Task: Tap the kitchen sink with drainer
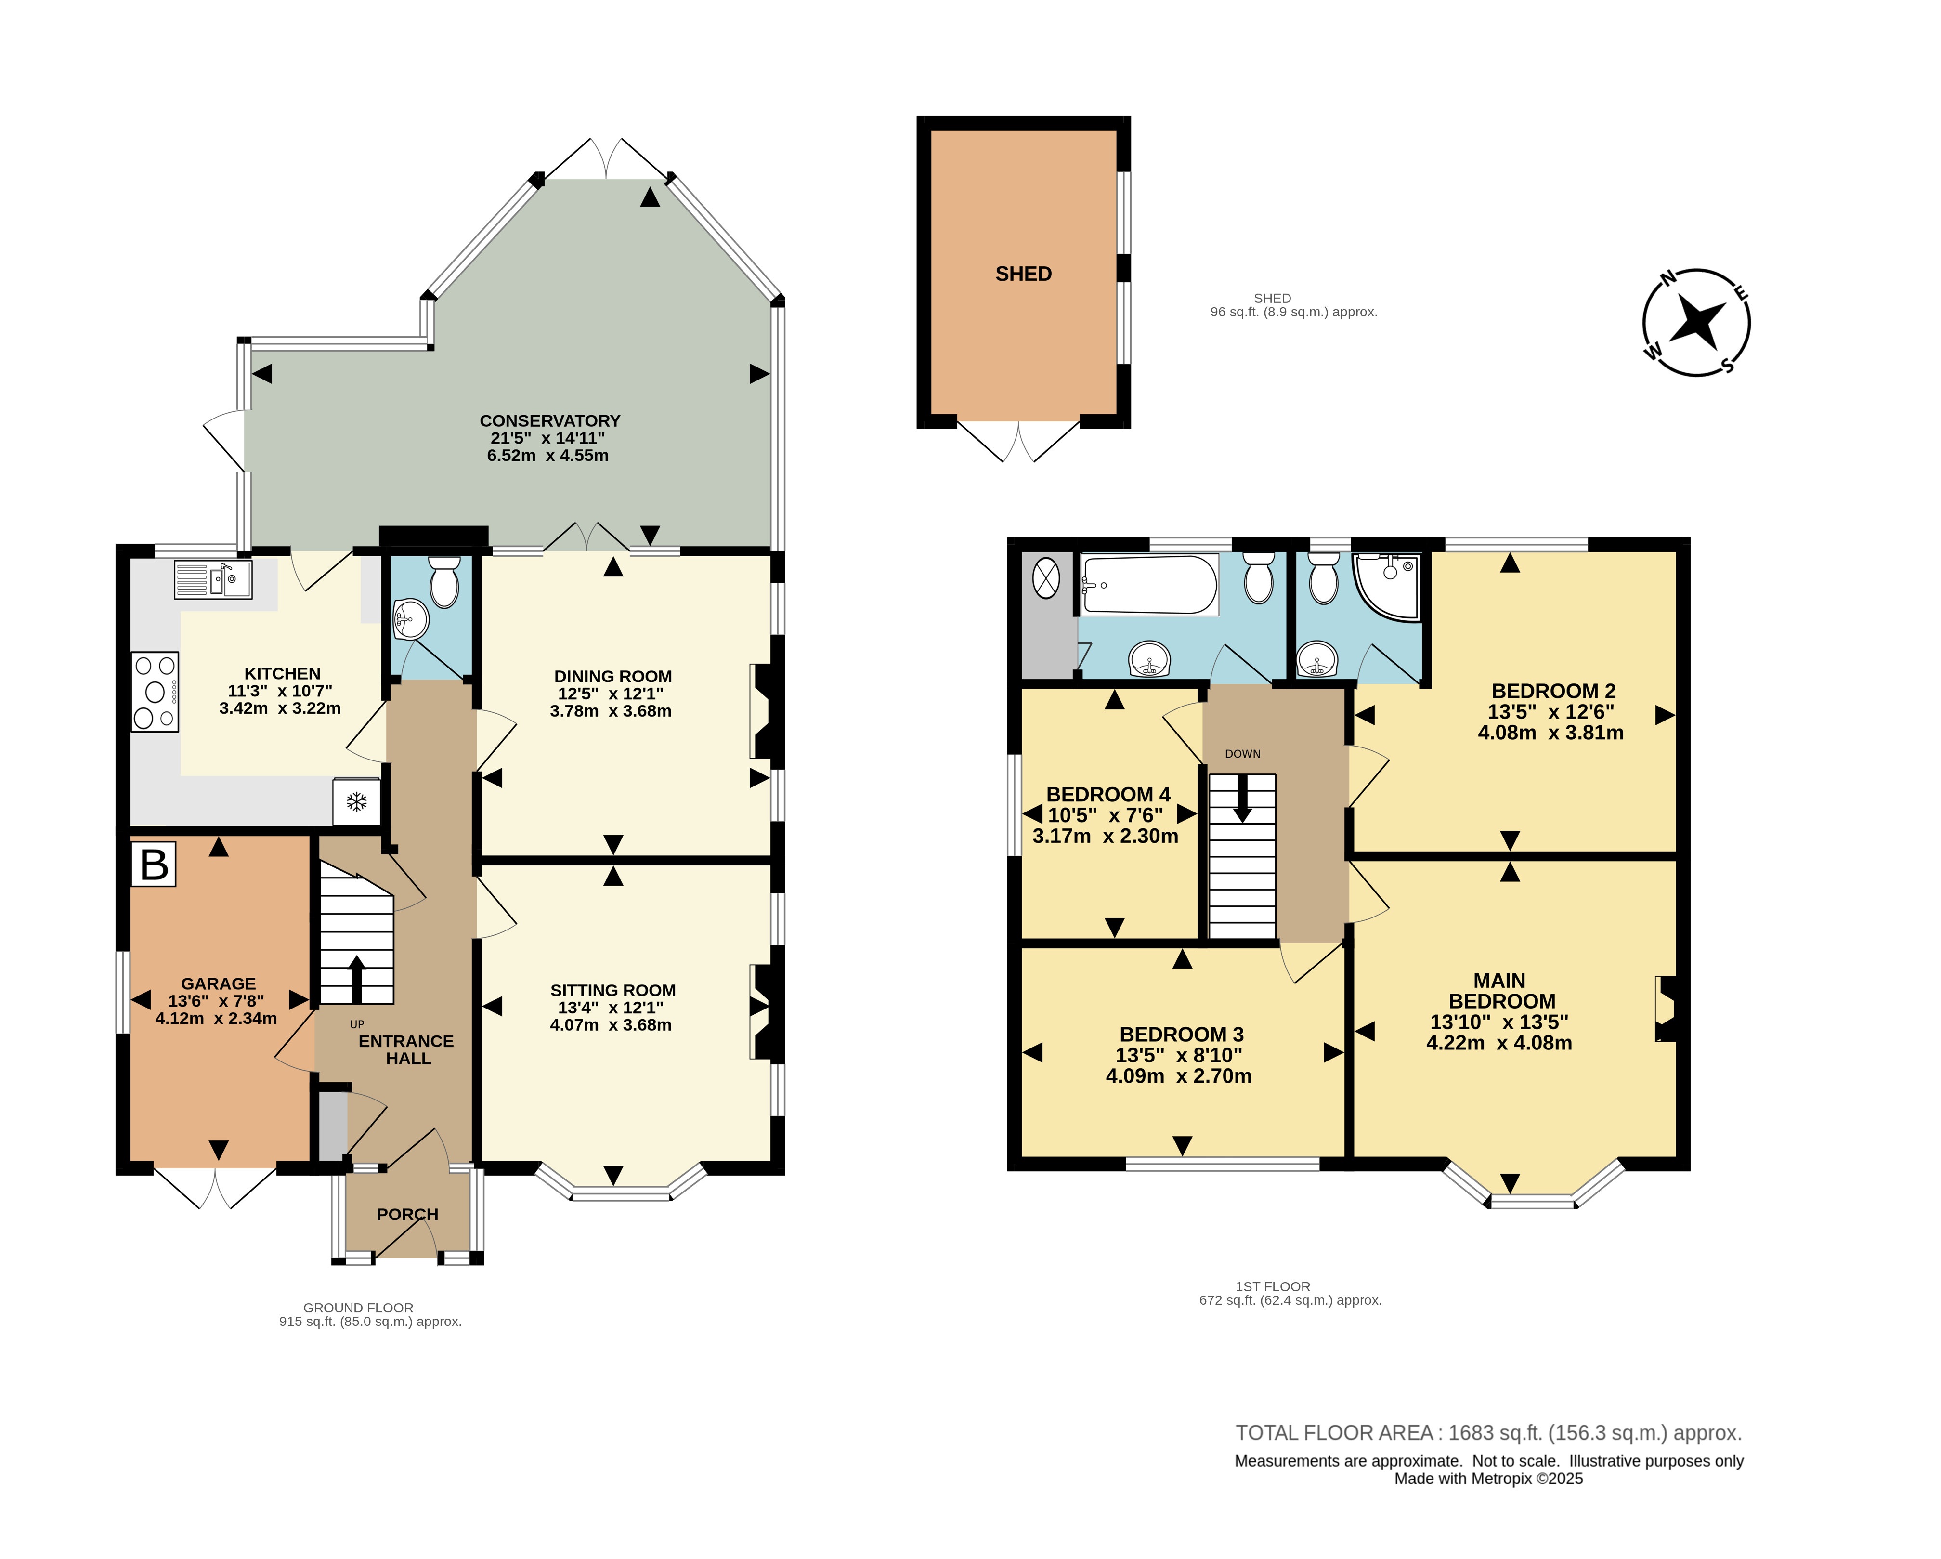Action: (x=212, y=579)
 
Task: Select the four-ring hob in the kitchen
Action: (x=155, y=692)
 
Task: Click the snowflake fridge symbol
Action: (x=356, y=800)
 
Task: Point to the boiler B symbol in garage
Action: (x=154, y=865)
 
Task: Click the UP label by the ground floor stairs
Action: (x=356, y=1024)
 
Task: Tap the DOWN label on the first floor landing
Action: (x=1242, y=754)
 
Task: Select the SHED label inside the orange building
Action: (x=1024, y=274)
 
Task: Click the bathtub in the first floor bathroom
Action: (x=1150, y=585)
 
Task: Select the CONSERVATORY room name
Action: (x=550, y=420)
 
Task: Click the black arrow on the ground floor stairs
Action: (x=356, y=980)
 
